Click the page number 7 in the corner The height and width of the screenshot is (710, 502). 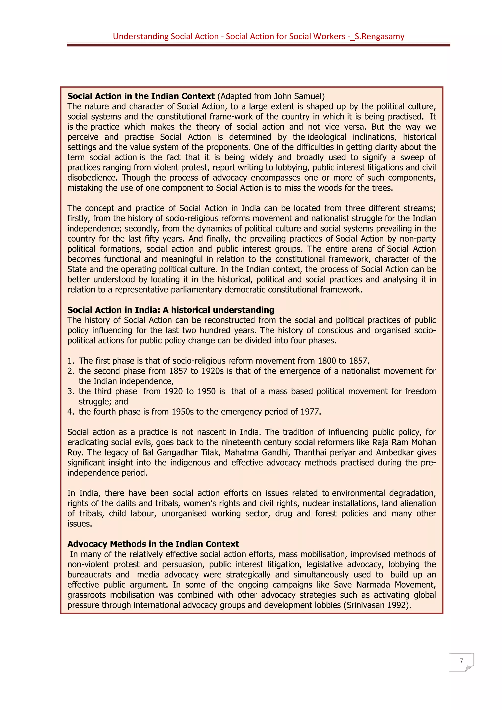(461, 661)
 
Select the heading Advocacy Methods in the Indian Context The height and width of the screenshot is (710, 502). (153, 544)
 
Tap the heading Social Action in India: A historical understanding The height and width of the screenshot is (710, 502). (171, 310)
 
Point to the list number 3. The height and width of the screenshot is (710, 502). (71, 392)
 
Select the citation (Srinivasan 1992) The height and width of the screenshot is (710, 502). (377, 605)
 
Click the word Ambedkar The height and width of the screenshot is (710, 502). (395, 453)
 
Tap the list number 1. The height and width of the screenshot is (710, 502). (71, 361)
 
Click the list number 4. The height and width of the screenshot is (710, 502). (71, 412)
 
